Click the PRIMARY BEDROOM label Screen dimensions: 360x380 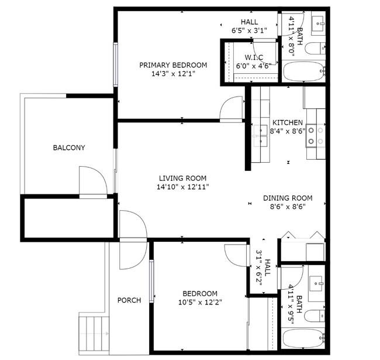pos(172,65)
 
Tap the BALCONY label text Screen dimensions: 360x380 pos(69,148)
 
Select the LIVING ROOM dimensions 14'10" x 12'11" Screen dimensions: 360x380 pos(182,187)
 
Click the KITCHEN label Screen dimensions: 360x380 pos(288,122)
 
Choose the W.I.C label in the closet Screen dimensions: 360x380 pos(253,57)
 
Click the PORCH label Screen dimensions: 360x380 pos(129,300)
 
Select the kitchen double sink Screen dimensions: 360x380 pos(260,136)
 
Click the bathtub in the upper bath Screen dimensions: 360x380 pos(303,72)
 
